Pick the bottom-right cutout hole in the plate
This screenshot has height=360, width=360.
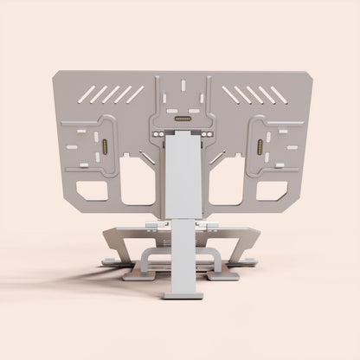click(x=273, y=189)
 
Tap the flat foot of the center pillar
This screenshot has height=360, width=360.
click(x=182, y=293)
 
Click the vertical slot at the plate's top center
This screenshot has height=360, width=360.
click(x=182, y=90)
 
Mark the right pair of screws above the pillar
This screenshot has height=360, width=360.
click(x=205, y=136)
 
